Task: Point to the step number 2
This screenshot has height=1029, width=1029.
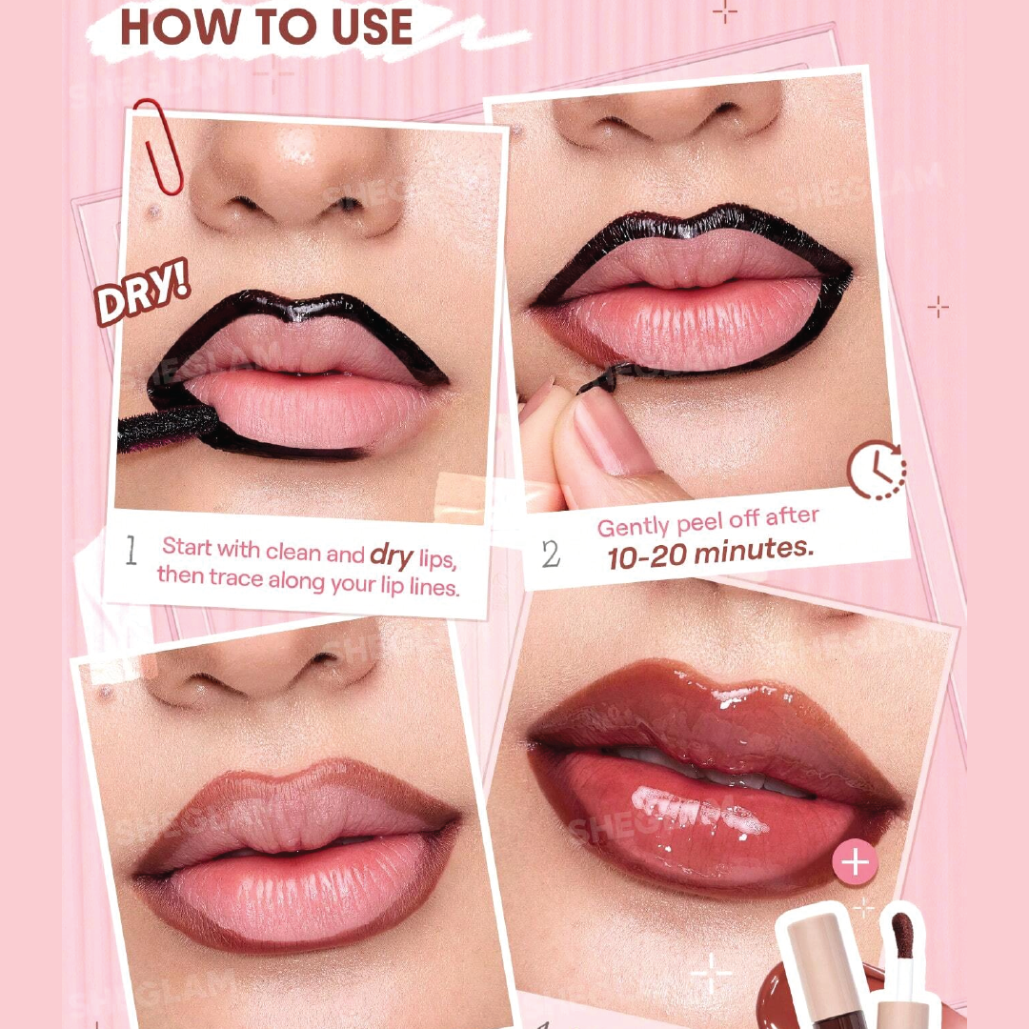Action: [x=551, y=555]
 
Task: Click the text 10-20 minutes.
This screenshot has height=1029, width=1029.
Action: [x=710, y=551]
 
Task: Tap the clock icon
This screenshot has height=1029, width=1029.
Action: [x=876, y=470]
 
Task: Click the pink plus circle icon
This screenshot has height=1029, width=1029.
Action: [x=855, y=863]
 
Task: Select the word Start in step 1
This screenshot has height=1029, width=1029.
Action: [x=187, y=547]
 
